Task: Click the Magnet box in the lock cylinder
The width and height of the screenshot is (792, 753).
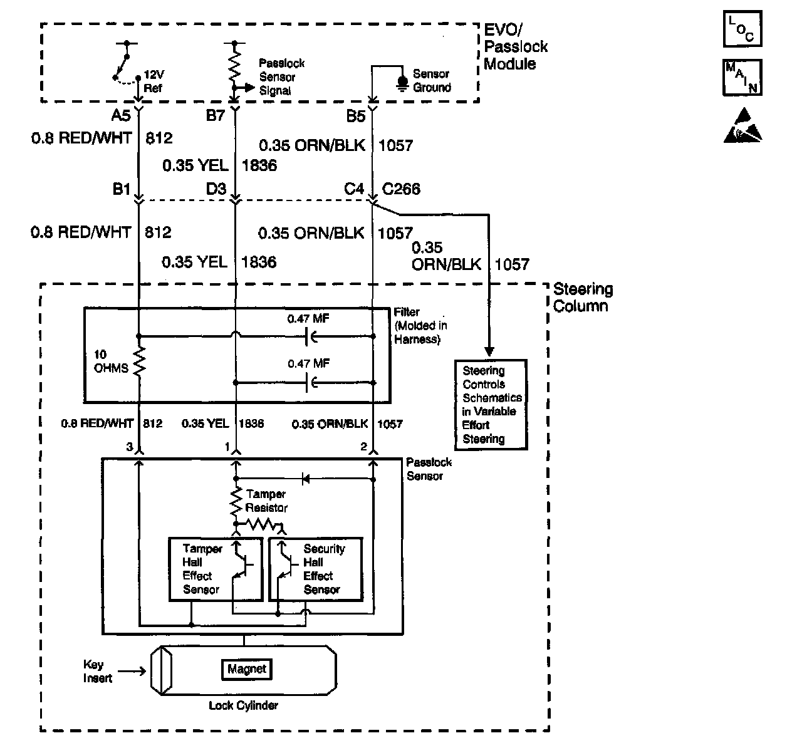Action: (x=247, y=669)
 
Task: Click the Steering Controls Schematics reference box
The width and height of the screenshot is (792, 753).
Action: (x=491, y=405)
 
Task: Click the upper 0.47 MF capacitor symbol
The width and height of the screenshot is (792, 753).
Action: (x=309, y=336)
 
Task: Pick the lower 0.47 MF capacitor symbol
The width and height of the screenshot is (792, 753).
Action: (x=309, y=382)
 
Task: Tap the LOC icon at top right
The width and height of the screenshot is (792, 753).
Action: (x=742, y=29)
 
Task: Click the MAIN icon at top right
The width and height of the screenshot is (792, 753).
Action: (x=742, y=78)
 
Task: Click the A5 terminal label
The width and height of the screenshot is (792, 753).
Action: (x=122, y=116)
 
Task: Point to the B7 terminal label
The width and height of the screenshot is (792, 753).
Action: (x=215, y=116)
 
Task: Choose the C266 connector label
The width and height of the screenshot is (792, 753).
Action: (x=401, y=189)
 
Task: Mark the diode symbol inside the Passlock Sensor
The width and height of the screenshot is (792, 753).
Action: (x=306, y=479)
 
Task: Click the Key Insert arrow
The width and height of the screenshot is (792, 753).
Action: (x=131, y=672)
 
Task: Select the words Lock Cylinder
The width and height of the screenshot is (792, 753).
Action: (x=243, y=705)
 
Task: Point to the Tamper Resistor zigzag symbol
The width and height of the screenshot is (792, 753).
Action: (x=236, y=501)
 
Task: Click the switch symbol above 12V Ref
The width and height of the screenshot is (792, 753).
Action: (x=123, y=63)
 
